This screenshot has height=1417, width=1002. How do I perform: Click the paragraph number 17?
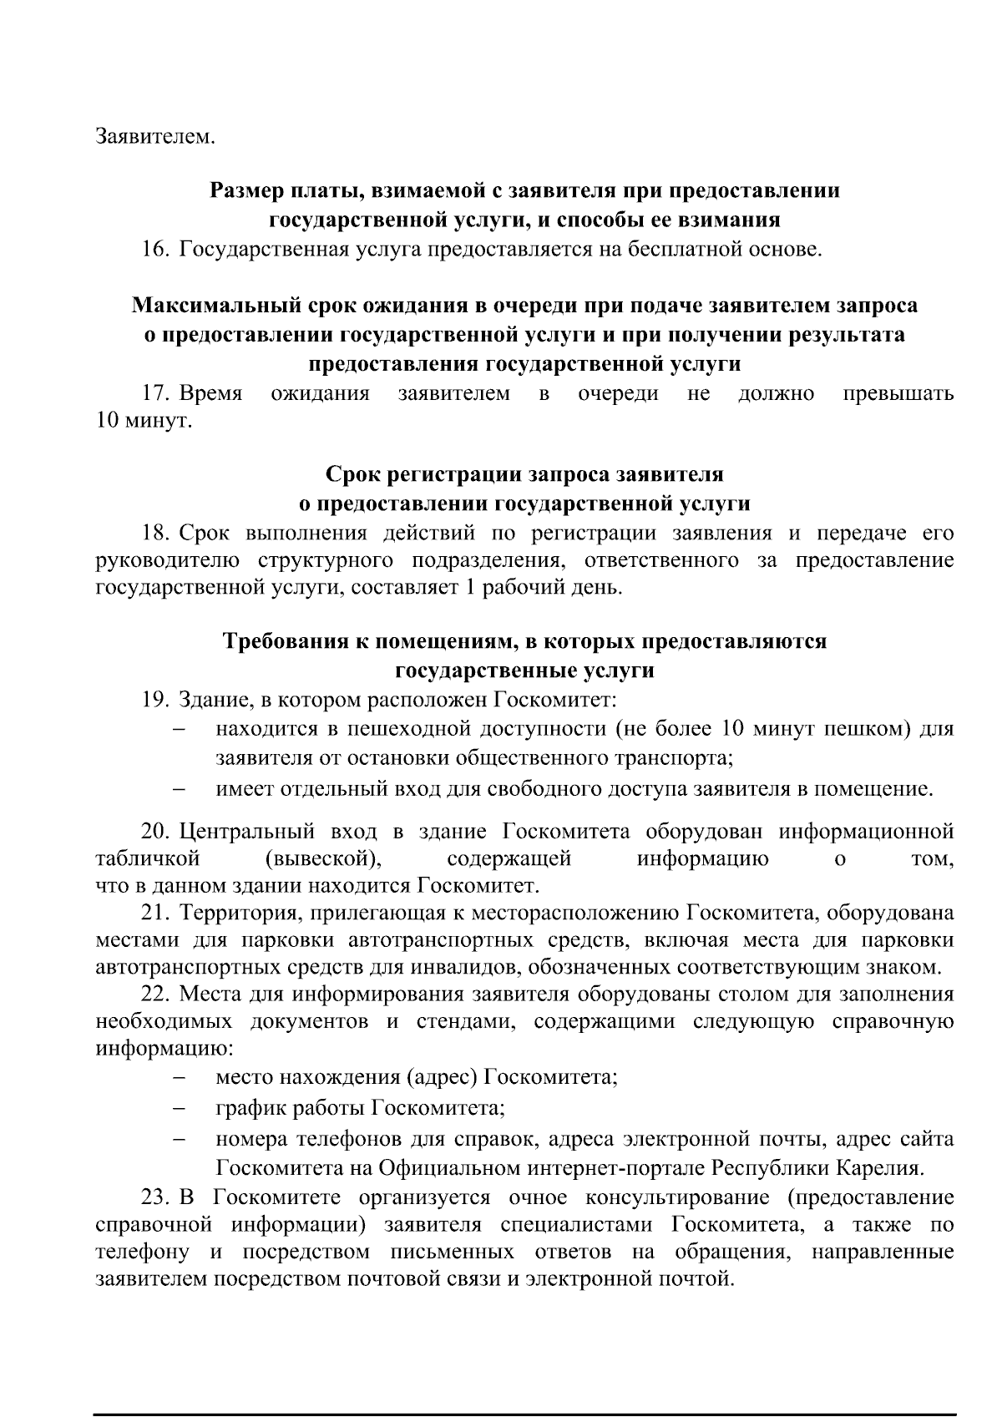click(155, 393)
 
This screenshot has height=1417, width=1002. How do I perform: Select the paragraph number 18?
click(155, 533)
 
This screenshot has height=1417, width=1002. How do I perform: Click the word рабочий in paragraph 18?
click(521, 588)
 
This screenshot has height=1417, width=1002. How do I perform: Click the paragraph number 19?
click(155, 699)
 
